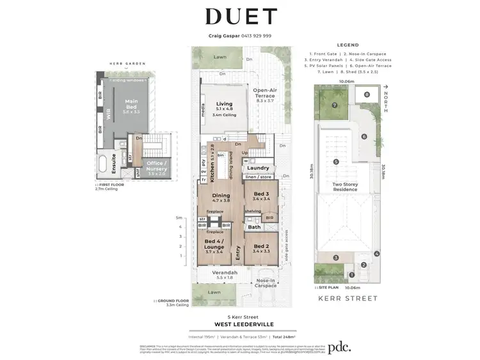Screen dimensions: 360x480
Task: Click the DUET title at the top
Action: [240, 17]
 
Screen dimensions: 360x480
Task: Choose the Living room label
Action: [224, 104]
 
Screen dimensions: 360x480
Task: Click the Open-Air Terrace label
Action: [264, 94]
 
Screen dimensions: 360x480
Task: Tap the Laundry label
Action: [258, 168]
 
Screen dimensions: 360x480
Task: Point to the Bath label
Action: [254, 226]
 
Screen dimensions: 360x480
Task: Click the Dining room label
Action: [221, 196]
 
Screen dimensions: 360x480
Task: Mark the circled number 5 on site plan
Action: [336, 162]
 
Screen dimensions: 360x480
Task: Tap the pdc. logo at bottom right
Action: [345, 348]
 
